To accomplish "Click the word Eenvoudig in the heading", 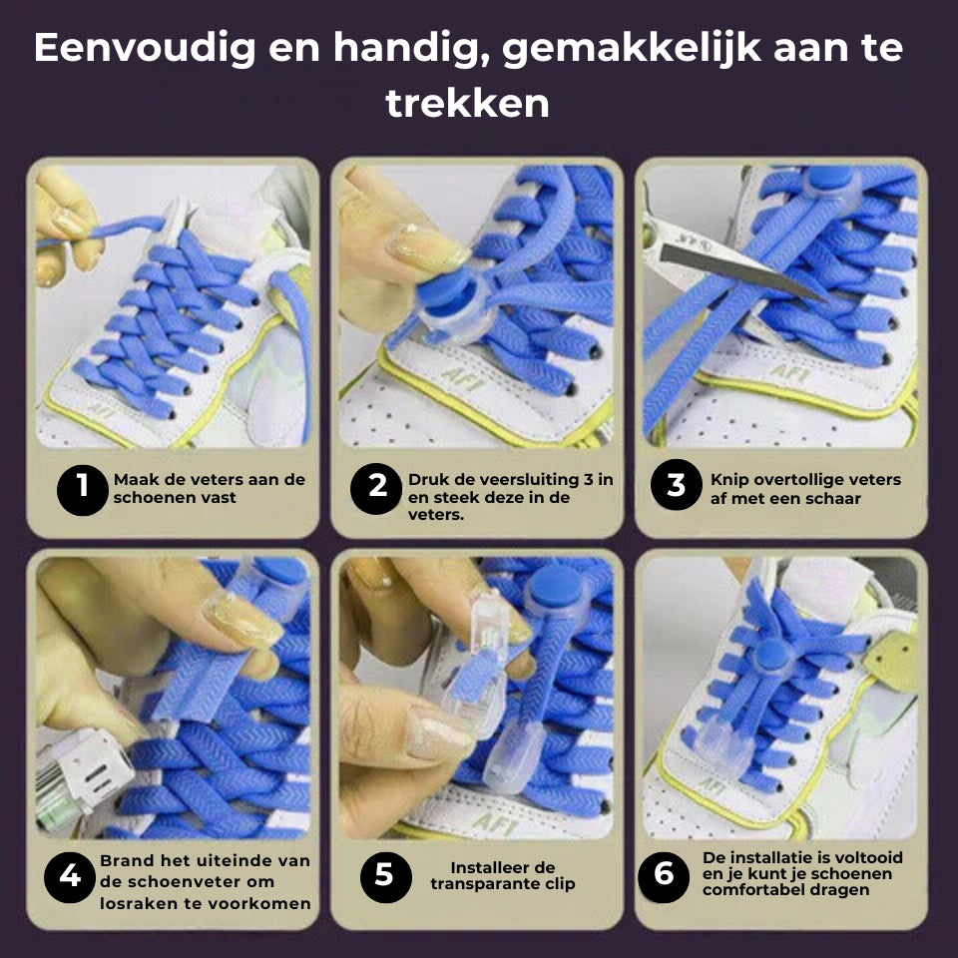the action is (145, 49).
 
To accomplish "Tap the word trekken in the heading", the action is (468, 102).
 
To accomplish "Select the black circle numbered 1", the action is (83, 489).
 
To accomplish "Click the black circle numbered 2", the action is (376, 488).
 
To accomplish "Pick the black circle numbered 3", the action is (676, 485).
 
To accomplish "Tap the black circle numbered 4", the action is (70, 877).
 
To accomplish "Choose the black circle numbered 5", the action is (385, 877).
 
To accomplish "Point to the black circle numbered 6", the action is (664, 877).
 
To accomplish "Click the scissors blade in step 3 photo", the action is (742, 268).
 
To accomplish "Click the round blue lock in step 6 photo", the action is (771, 656).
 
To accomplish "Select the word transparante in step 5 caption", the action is (482, 884).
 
